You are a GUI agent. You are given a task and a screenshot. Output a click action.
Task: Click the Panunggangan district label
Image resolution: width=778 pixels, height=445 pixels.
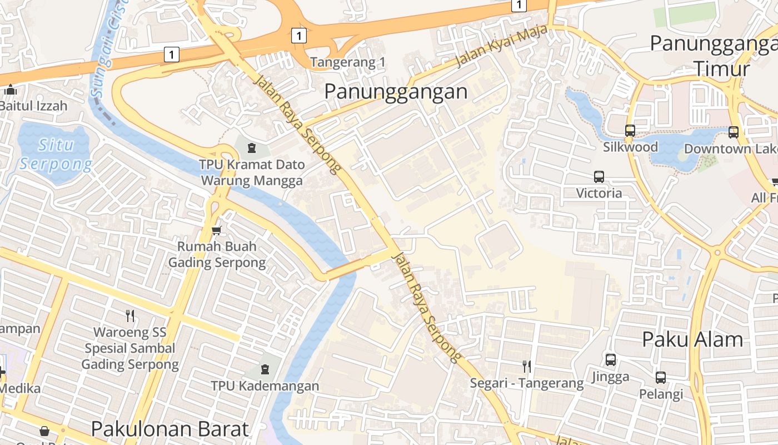point(396,91)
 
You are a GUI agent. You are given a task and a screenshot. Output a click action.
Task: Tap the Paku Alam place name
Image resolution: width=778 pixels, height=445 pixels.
point(692,339)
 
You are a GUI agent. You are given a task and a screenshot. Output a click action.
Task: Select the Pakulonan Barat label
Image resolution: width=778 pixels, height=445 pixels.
point(169,429)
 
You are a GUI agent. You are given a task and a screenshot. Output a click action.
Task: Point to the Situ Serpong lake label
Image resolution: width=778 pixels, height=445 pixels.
point(56,155)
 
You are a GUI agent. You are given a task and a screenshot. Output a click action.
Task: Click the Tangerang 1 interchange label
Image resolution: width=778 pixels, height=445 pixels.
point(348,62)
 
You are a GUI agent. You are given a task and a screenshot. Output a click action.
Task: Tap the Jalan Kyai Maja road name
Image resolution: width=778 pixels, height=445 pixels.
point(501,48)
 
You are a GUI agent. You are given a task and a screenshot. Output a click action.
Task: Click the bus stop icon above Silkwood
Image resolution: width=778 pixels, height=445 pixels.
point(630,131)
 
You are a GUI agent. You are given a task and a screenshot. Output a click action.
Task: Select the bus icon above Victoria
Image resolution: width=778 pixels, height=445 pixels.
point(599,177)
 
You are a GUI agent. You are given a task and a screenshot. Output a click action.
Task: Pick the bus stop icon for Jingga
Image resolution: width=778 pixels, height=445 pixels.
point(610,360)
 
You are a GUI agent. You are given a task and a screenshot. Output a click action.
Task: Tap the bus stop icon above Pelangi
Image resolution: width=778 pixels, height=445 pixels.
point(661,378)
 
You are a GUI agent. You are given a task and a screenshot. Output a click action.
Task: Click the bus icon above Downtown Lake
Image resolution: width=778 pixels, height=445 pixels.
point(734,132)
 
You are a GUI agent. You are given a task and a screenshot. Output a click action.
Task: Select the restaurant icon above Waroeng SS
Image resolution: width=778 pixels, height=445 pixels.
point(130,316)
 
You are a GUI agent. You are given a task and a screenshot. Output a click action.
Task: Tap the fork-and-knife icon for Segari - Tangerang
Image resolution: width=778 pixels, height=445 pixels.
point(526,366)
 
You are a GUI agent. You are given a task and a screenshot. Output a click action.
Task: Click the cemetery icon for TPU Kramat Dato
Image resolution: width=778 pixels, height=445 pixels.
point(252,148)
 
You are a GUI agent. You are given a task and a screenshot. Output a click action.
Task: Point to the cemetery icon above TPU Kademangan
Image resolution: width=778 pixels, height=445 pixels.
point(265,369)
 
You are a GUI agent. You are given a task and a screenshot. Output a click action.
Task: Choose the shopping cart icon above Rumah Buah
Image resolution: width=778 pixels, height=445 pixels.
point(216,230)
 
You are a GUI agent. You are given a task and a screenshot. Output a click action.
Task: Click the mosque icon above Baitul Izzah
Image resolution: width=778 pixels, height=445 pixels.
point(11,90)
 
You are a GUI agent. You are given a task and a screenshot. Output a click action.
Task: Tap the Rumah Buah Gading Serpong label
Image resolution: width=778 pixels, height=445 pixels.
point(217,254)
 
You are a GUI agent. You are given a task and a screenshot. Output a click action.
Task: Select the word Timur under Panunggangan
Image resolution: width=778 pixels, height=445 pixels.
point(721,69)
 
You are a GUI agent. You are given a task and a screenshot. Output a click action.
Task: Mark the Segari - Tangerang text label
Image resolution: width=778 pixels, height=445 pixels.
point(526,383)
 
